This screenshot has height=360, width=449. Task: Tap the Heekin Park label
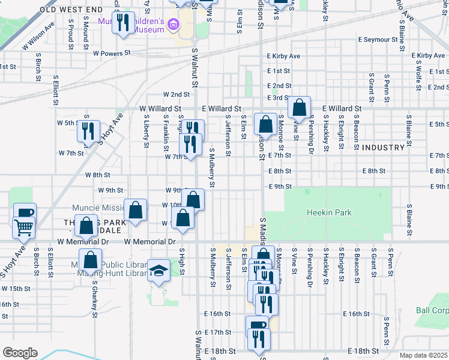(329, 212)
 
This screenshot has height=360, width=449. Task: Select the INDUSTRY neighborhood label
(383, 148)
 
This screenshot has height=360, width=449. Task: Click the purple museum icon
(174, 25)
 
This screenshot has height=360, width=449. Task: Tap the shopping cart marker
(23, 227)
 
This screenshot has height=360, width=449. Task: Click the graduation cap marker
(159, 271)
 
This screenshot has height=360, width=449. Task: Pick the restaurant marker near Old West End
(123, 23)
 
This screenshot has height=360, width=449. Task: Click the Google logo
(20, 352)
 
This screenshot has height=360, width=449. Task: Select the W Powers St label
(112, 53)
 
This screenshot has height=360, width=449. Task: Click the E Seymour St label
(378, 40)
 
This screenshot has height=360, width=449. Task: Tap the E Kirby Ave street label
(283, 56)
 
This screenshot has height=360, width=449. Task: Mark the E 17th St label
(217, 332)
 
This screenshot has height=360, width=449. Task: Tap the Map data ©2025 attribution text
(424, 355)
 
